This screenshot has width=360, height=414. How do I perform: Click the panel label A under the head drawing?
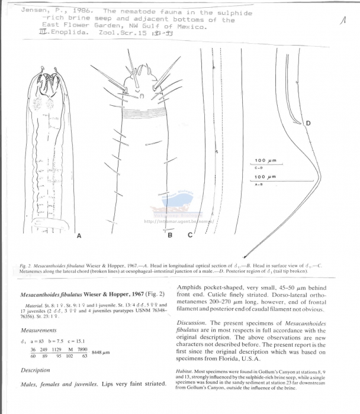pos(79,235)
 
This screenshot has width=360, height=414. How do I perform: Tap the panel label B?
pos(170,236)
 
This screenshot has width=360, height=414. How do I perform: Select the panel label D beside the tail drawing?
pos(308,123)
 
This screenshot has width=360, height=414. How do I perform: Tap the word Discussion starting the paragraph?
pos(191,323)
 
